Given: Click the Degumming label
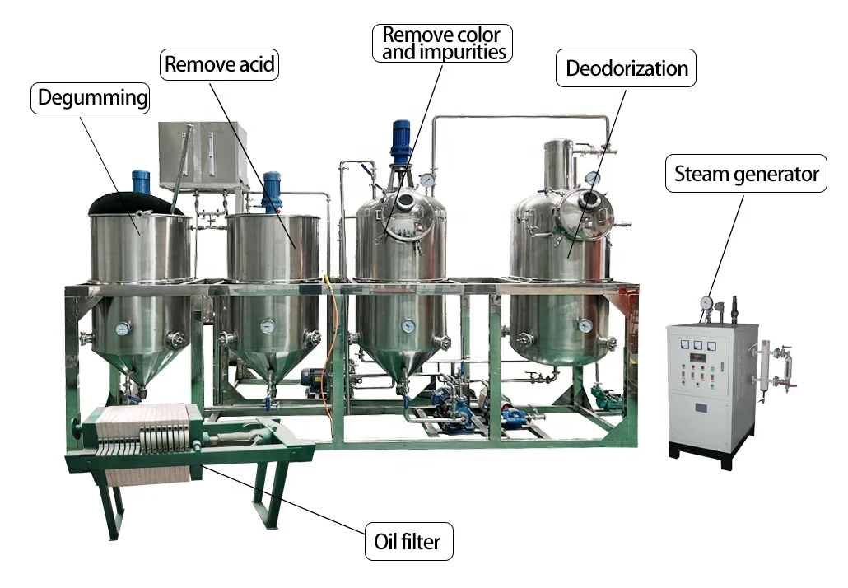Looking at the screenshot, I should pyautogui.click(x=92, y=98).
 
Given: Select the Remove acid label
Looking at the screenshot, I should pyautogui.click(x=219, y=64).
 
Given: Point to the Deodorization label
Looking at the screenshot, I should pyautogui.click(x=627, y=68).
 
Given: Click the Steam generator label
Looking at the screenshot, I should pyautogui.click(x=746, y=174).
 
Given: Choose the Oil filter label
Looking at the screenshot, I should pyautogui.click(x=408, y=542).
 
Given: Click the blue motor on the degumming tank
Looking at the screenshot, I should pyautogui.click(x=141, y=180).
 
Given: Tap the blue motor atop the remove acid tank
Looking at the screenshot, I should pyautogui.click(x=271, y=188).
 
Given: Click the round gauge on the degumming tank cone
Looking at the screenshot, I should pyautogui.click(x=123, y=329).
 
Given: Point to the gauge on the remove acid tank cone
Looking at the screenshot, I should pyautogui.click(x=267, y=327).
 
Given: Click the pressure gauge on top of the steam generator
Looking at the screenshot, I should pyautogui.click(x=706, y=303).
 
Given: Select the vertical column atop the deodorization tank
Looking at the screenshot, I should pyautogui.click(x=557, y=165).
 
